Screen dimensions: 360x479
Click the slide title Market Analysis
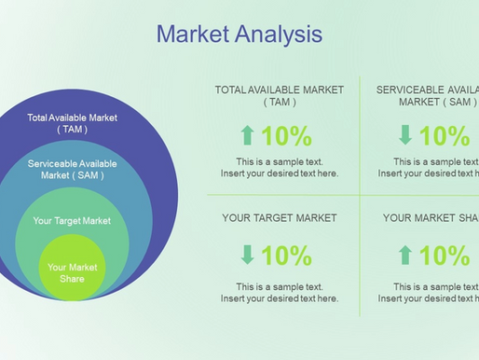[x=239, y=35]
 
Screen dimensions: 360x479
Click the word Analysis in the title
[x=276, y=35]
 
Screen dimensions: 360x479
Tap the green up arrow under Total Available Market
[x=247, y=136]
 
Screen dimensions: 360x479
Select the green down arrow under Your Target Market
[x=247, y=255]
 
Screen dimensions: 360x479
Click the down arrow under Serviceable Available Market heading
[x=405, y=136]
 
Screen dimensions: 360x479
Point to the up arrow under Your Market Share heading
[x=405, y=255]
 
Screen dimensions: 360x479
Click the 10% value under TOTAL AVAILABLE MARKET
[x=287, y=136]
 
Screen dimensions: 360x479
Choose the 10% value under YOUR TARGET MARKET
[x=287, y=255]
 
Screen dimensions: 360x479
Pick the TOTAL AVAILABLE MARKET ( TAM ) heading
[x=280, y=96]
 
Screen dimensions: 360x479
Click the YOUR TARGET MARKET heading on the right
[x=280, y=218]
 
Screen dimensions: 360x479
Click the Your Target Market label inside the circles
[x=72, y=221]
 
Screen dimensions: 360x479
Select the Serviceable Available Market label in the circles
[x=72, y=169]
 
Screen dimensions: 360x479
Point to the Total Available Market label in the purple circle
[x=72, y=123]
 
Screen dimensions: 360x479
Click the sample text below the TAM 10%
[x=280, y=168]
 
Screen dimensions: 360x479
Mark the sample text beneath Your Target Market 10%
[x=280, y=292]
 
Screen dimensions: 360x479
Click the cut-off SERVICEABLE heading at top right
[x=427, y=96]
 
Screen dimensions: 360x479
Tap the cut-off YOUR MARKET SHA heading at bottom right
[x=430, y=218]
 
